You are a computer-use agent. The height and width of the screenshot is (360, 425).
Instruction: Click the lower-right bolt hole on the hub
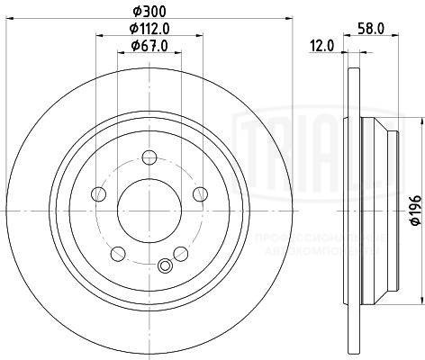click(180, 254)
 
